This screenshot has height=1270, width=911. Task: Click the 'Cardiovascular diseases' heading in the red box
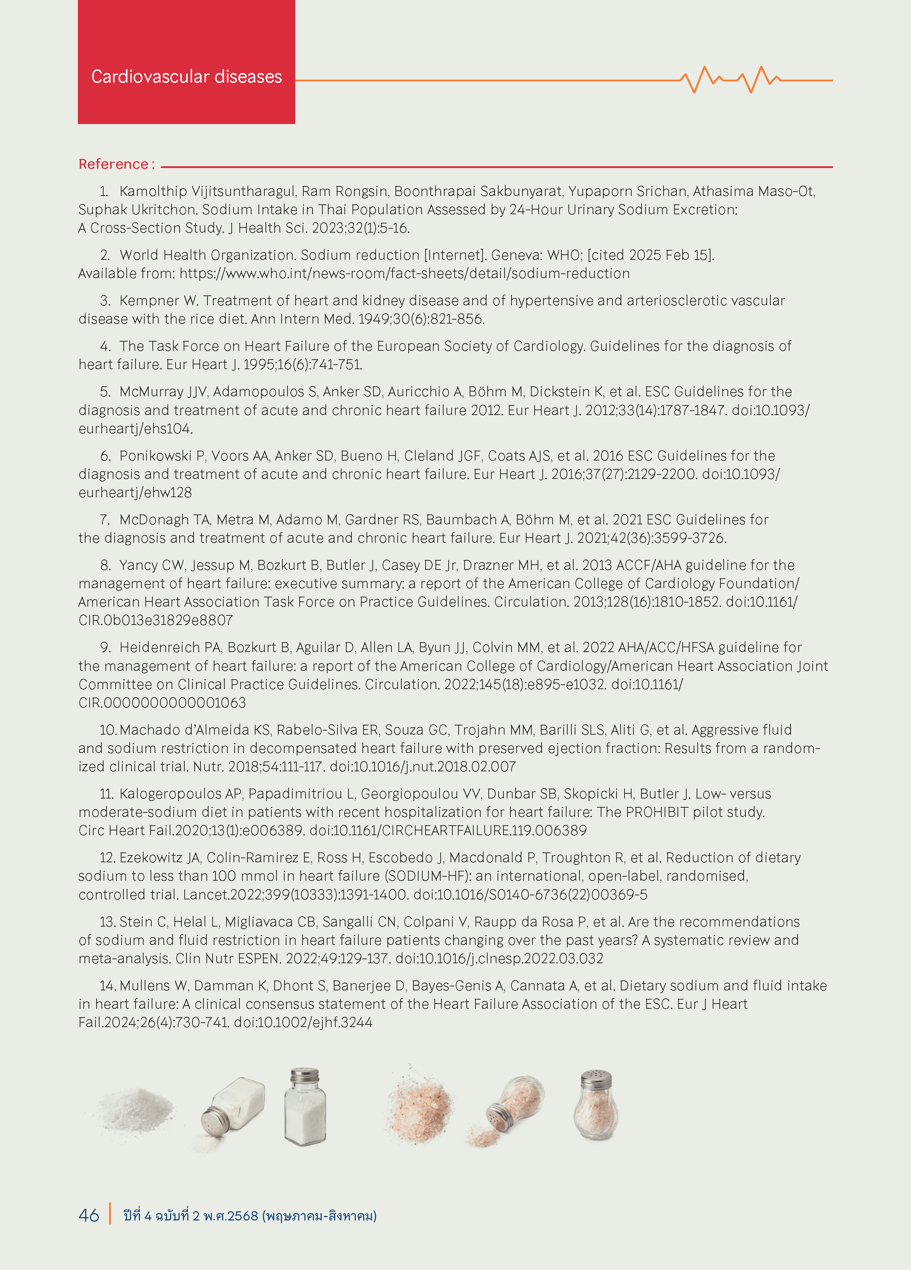187,77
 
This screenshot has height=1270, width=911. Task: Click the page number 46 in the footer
88,1215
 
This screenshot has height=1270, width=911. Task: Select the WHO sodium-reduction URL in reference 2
405,274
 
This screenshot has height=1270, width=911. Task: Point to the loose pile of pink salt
419,1106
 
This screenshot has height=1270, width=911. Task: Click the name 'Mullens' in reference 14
145,986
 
